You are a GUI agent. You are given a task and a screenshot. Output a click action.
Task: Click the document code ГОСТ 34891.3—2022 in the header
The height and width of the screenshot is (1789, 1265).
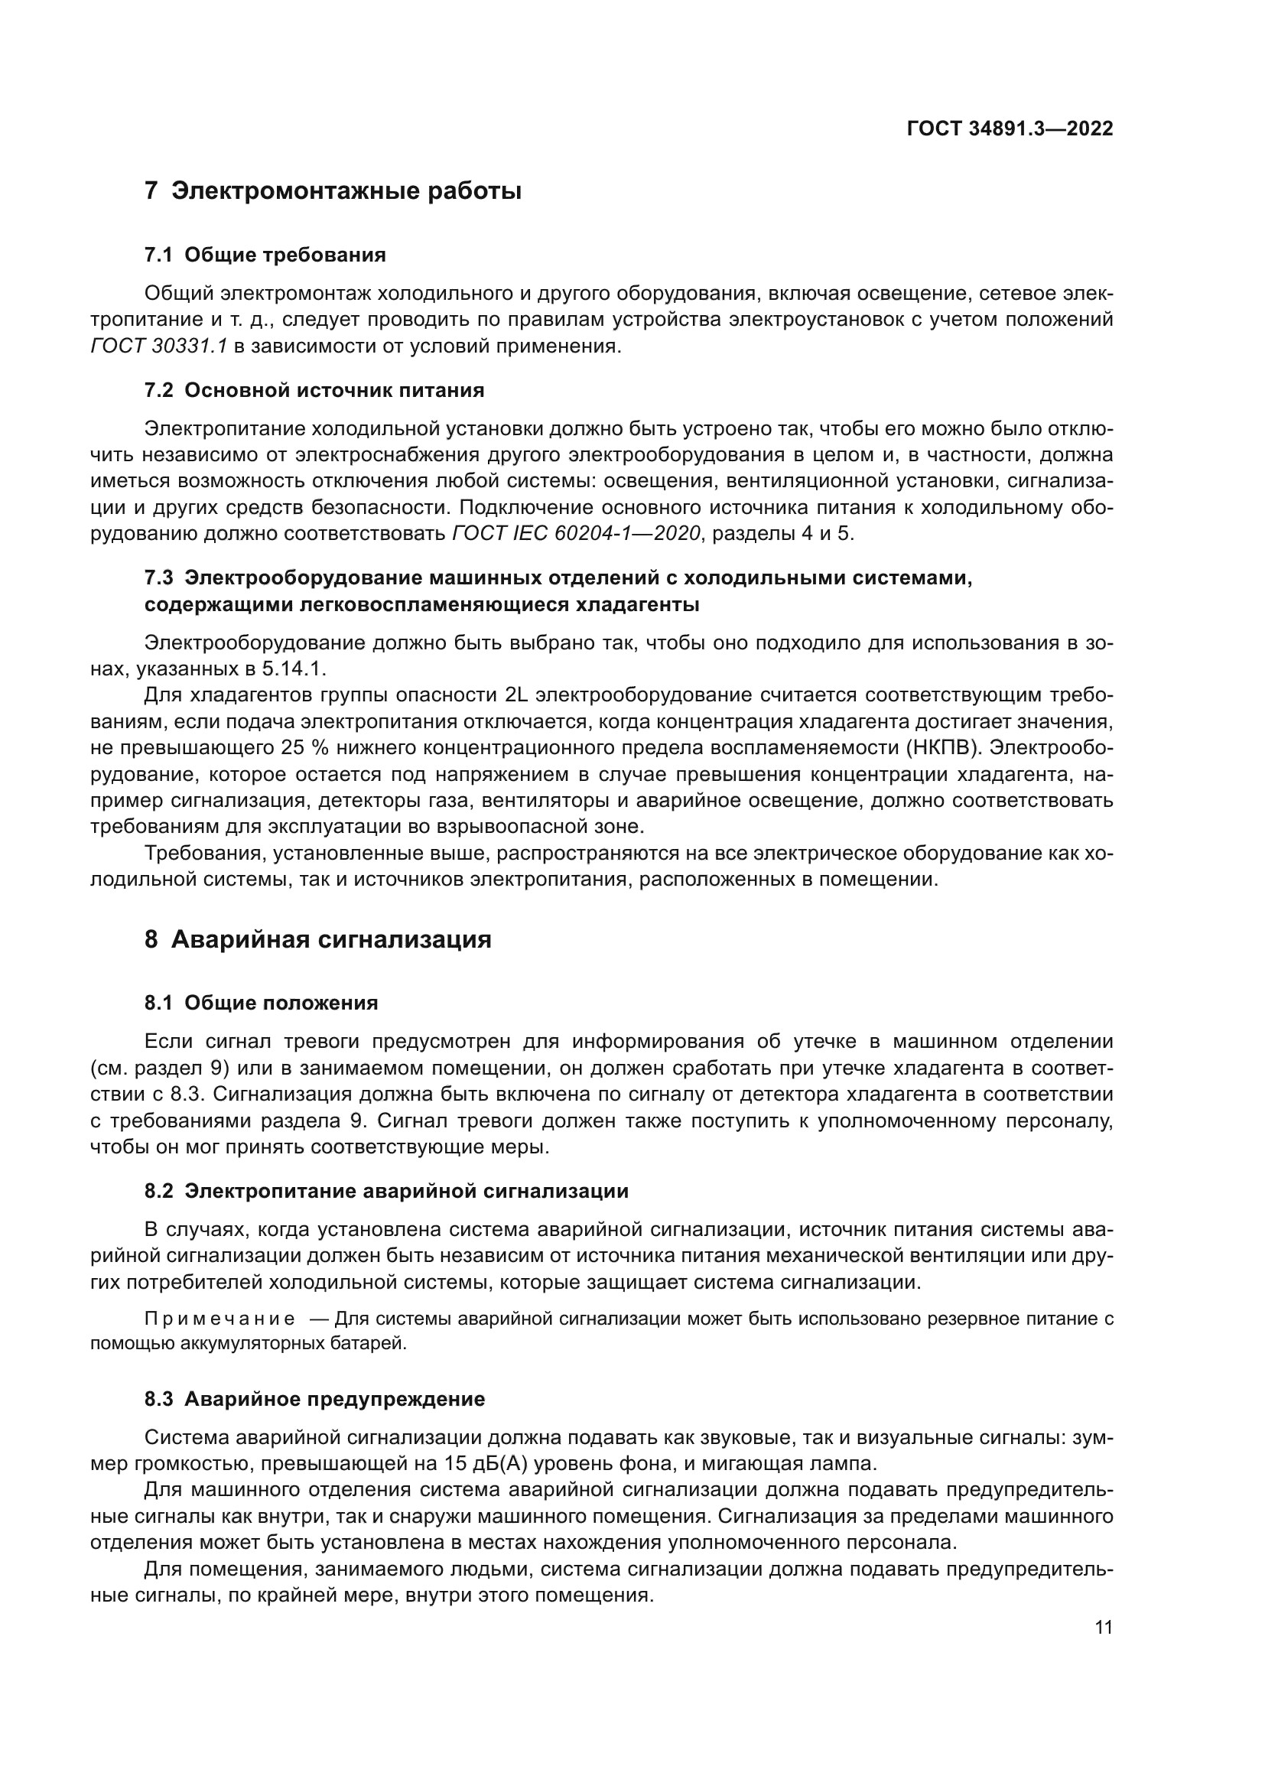point(1010,129)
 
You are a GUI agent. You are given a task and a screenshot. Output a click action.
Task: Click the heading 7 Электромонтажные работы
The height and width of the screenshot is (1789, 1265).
point(333,191)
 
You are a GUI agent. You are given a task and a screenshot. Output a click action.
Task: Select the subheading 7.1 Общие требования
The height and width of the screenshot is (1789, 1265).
point(265,255)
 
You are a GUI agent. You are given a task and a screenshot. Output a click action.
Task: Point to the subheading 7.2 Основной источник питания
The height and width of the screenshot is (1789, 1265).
point(314,390)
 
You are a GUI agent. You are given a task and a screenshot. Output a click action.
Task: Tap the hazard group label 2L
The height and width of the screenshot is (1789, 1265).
point(517,695)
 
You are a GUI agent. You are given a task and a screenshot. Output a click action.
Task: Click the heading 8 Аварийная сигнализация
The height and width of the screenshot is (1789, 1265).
point(318,940)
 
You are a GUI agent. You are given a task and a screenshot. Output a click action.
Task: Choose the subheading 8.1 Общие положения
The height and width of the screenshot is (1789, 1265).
point(261,1003)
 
